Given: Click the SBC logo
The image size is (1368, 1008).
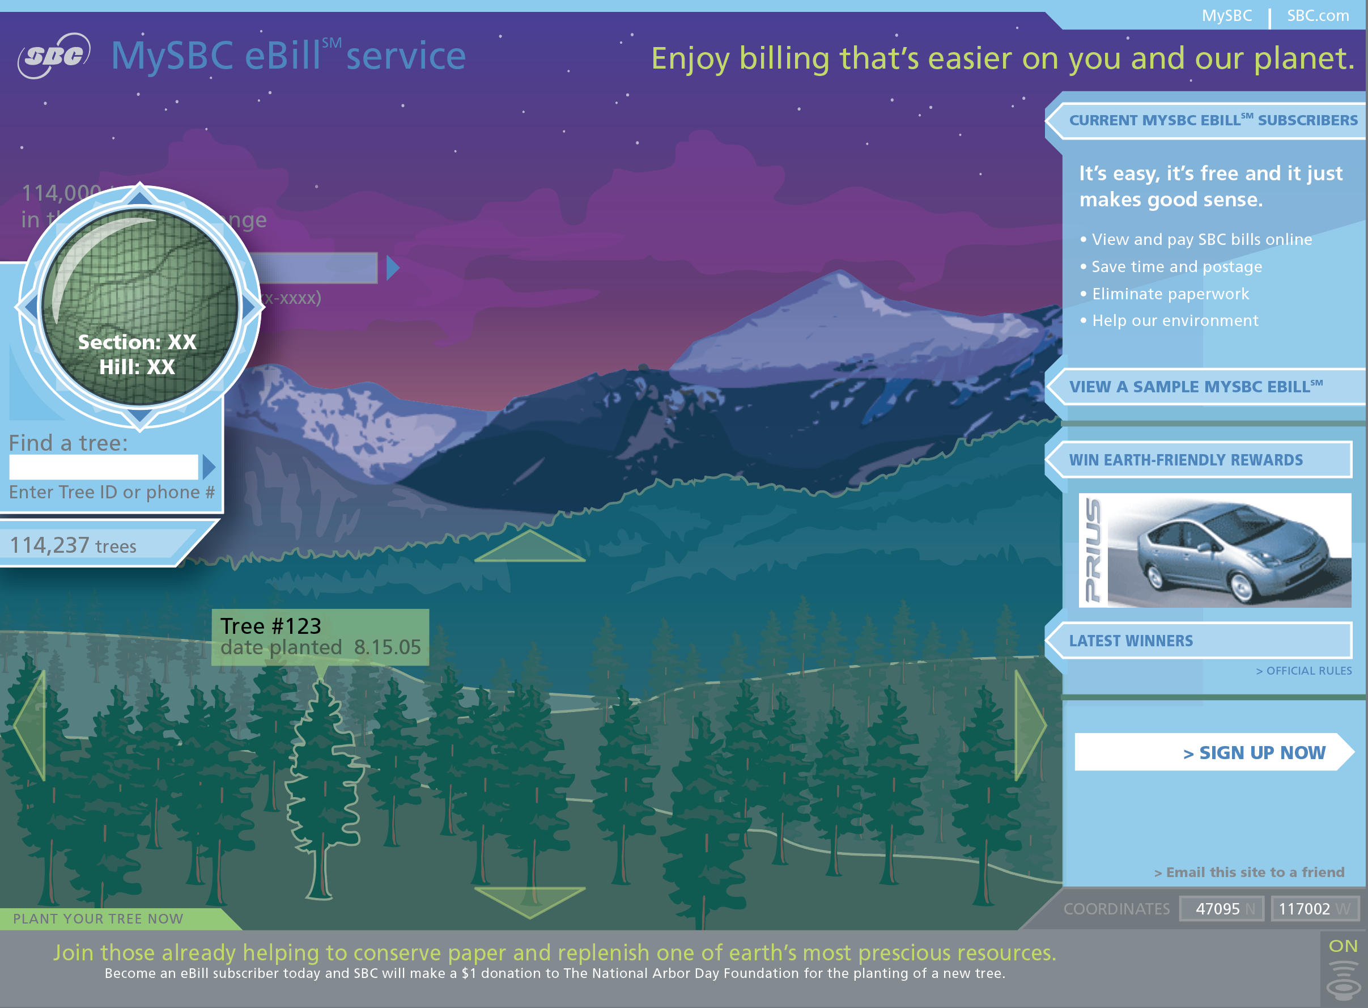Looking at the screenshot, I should tap(54, 56).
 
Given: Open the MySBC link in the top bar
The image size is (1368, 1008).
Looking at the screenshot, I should tap(1226, 16).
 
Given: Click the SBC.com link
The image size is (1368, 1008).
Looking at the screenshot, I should tap(1318, 16).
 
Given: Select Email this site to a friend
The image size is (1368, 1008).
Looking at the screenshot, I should tap(1248, 872).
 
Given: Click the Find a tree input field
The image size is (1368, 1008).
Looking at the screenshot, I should tap(104, 467).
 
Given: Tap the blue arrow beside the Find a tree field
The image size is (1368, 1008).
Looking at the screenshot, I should tap(209, 467).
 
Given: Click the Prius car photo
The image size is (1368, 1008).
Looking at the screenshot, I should tap(1214, 550).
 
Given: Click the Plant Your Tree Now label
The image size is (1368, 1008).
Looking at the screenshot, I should tap(98, 919).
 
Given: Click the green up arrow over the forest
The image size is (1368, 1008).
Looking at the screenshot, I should tap(529, 546).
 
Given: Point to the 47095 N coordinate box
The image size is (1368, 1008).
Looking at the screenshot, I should tap(1221, 909).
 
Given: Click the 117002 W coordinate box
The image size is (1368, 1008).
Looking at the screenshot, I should tap(1314, 909).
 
